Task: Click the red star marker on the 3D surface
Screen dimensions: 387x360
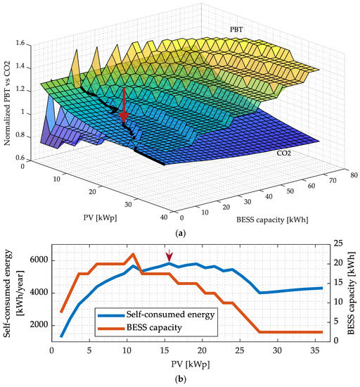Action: tap(124, 115)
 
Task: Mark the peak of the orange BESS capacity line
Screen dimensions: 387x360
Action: tap(133, 254)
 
